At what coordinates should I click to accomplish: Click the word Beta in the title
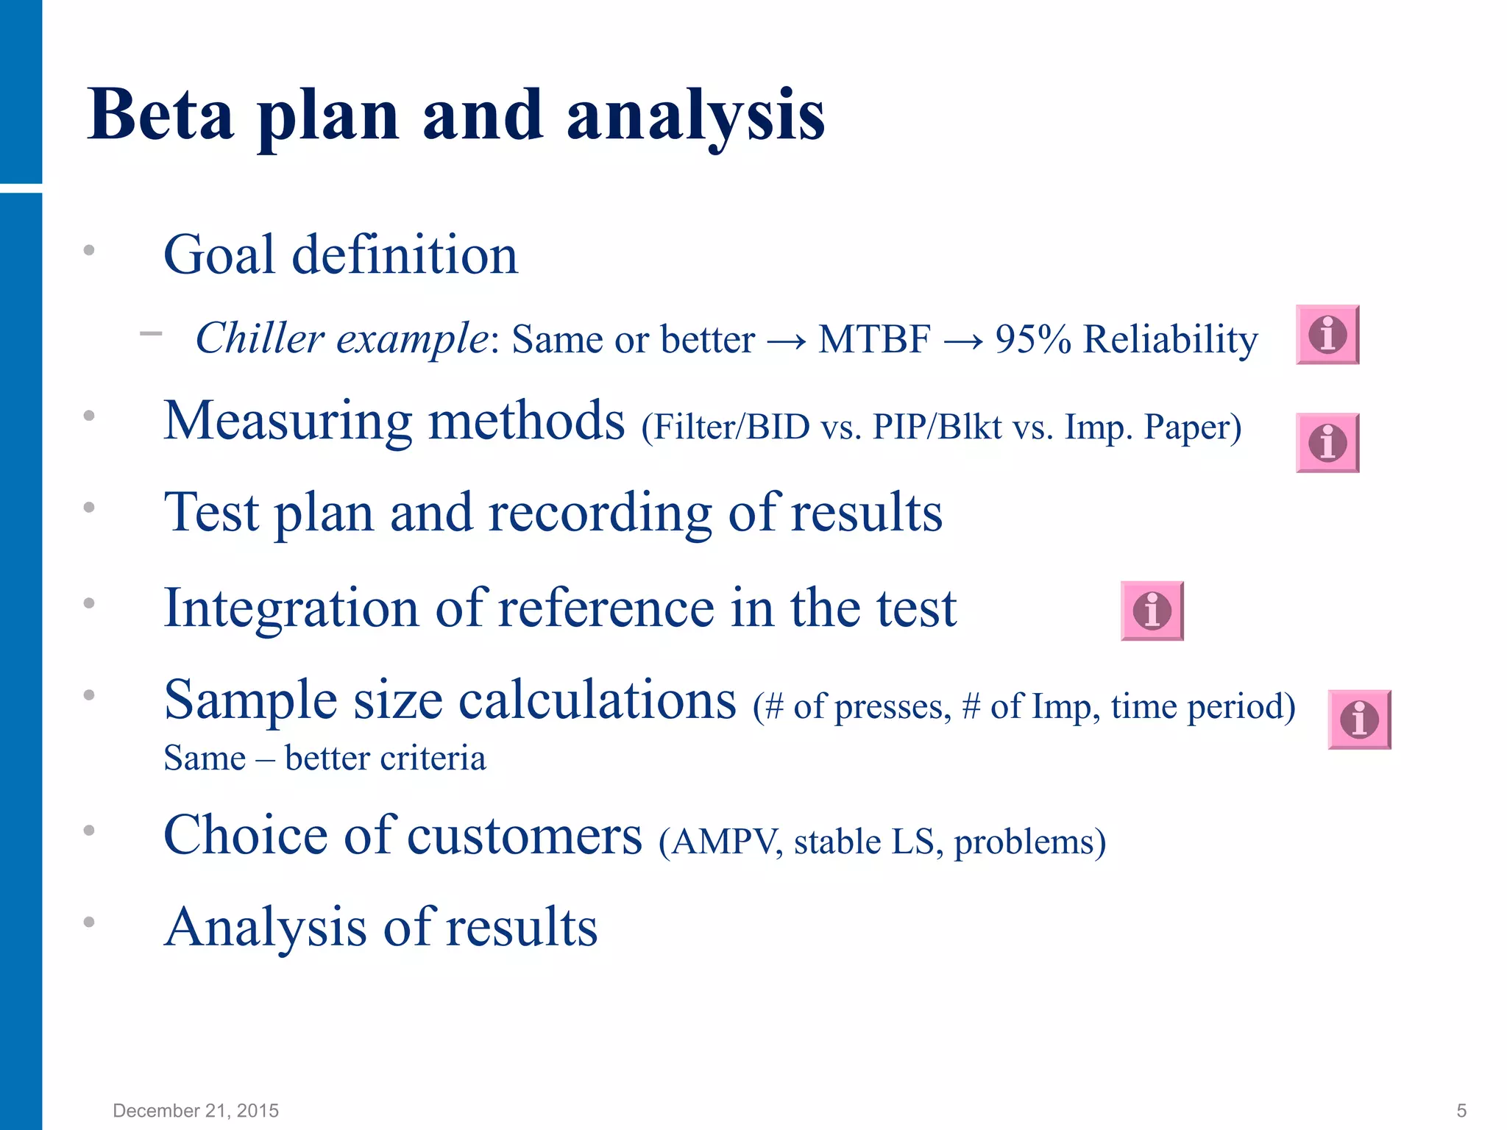(160, 115)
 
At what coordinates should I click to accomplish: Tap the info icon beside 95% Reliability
(1327, 335)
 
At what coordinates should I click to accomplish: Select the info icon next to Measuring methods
(1327, 443)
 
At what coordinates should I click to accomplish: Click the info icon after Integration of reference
(1152, 611)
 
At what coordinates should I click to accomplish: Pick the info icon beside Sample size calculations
(1359, 719)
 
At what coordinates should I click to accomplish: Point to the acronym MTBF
(874, 340)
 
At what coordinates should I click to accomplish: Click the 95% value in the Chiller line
(1032, 340)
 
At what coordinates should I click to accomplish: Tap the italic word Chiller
(260, 338)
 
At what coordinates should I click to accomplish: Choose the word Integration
(291, 609)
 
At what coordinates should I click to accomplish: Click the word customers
(524, 836)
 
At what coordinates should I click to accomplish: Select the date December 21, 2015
(196, 1111)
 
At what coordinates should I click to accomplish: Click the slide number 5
(1461, 1111)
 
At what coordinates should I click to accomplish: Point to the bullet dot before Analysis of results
(89, 922)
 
